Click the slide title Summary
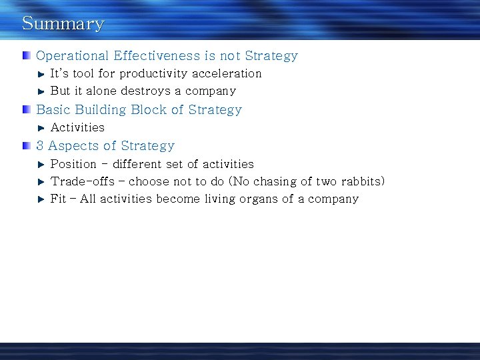click(x=63, y=23)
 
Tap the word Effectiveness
click(x=157, y=56)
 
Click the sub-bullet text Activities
click(x=77, y=127)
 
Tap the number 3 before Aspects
click(x=41, y=145)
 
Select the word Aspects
click(x=70, y=146)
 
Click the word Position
click(x=73, y=164)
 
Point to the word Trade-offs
click(x=83, y=181)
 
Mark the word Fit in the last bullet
click(x=58, y=199)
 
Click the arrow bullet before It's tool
click(x=41, y=73)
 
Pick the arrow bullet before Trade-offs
click(x=41, y=181)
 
